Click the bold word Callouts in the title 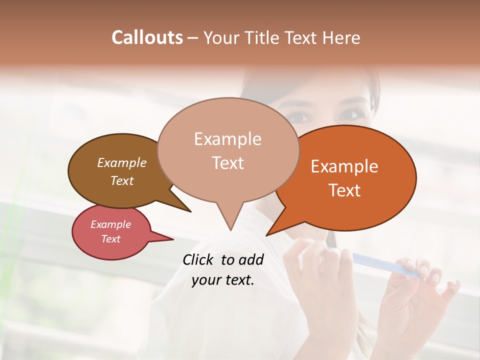point(147,37)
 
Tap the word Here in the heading point(342,37)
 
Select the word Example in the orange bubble point(344,166)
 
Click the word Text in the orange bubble point(344,190)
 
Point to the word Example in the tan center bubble point(227,139)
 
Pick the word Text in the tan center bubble point(227,163)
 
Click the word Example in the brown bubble point(122,162)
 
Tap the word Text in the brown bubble point(122,180)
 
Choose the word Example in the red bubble point(111,224)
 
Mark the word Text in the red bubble point(111,239)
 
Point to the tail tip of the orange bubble point(267,235)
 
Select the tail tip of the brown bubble point(190,211)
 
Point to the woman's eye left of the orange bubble point(300,116)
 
